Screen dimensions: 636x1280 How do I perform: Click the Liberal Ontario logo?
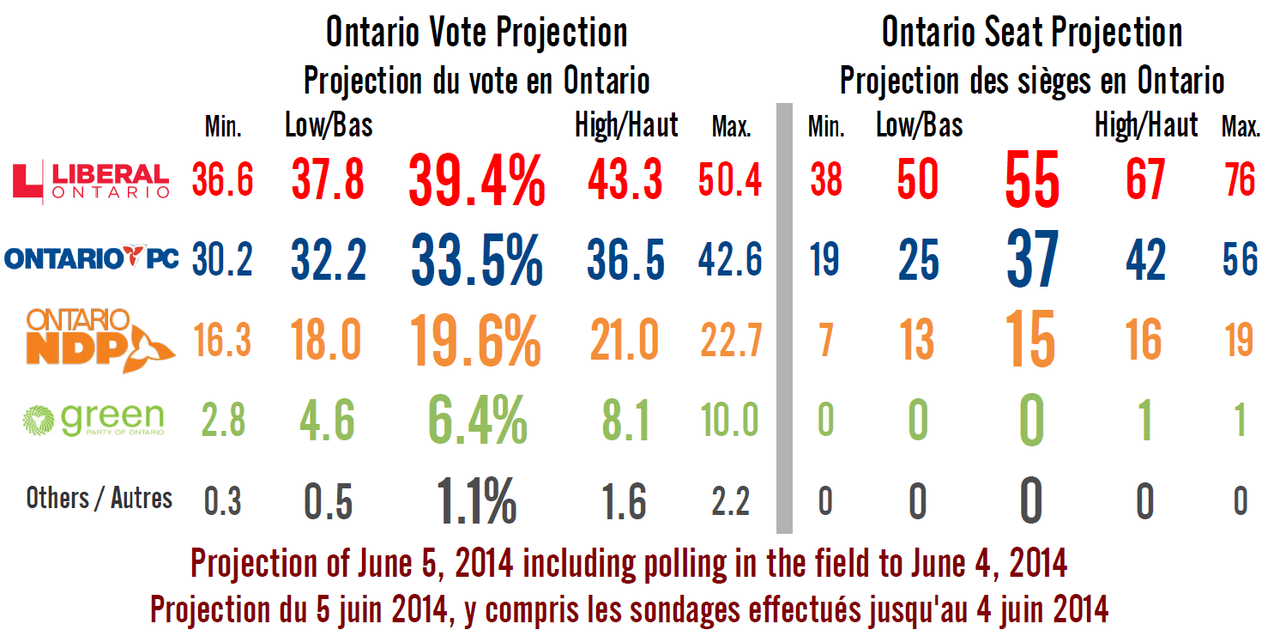[x=94, y=180]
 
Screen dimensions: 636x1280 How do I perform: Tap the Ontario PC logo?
[x=92, y=257]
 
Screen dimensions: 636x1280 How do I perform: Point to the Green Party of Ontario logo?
[x=94, y=420]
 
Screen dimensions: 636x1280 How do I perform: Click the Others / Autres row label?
[x=100, y=499]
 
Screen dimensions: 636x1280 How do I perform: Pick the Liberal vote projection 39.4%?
[x=477, y=180]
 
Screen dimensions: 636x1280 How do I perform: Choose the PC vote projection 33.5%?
[x=477, y=258]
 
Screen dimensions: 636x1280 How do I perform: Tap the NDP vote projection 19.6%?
[x=475, y=341]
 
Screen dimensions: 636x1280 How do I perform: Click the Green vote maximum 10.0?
[x=729, y=421]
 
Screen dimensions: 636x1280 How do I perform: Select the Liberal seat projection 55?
[x=1032, y=180]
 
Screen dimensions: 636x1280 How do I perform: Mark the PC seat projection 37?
[x=1032, y=258]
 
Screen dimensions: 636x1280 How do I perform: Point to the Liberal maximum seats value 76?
[x=1241, y=180]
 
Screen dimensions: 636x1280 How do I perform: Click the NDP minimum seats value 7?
[x=826, y=341]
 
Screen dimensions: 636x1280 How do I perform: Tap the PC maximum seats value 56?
[x=1241, y=258]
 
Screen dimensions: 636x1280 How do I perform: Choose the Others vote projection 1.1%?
[x=477, y=500]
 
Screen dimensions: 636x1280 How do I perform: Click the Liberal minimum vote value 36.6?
[x=222, y=180]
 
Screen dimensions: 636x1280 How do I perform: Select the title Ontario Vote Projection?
[x=476, y=33]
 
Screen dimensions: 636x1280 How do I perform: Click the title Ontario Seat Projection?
[x=1032, y=33]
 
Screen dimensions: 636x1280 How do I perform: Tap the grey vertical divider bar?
[x=784, y=318]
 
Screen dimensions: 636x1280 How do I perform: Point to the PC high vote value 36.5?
[x=625, y=258]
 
